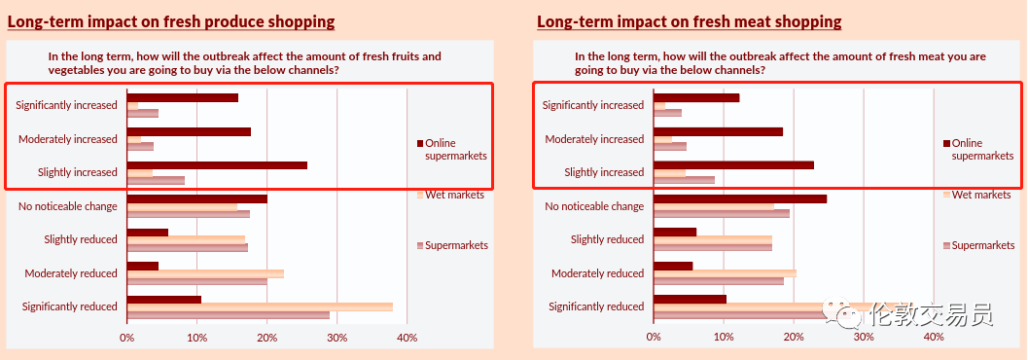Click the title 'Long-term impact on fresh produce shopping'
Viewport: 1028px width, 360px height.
[x=171, y=21]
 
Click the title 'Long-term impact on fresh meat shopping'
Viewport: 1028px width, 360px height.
[x=689, y=21]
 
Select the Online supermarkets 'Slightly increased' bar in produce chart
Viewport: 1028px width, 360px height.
[x=217, y=165]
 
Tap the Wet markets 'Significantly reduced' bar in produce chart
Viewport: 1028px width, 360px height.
[x=260, y=306]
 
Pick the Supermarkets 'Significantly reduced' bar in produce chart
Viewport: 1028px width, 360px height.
[x=229, y=314]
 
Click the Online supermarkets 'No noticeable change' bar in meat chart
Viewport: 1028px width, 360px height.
[x=740, y=198]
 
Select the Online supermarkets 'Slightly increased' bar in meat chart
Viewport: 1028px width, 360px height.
[x=733, y=165]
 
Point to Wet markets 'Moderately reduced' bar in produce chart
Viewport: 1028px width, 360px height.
[x=205, y=273]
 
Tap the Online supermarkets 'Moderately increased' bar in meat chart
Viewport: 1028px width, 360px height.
[x=719, y=131]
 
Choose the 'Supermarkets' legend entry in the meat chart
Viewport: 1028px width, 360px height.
[x=978, y=245]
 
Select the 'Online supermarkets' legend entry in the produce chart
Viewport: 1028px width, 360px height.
[x=452, y=150]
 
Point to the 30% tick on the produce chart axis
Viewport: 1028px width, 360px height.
[x=337, y=337]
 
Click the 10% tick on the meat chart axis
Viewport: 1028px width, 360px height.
[x=724, y=337]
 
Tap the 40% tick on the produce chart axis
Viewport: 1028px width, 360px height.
[x=407, y=337]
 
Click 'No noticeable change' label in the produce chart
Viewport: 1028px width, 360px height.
[x=67, y=206]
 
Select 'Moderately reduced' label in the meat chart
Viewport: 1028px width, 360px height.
[x=598, y=273]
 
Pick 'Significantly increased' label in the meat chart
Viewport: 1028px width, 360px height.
[x=593, y=105]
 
